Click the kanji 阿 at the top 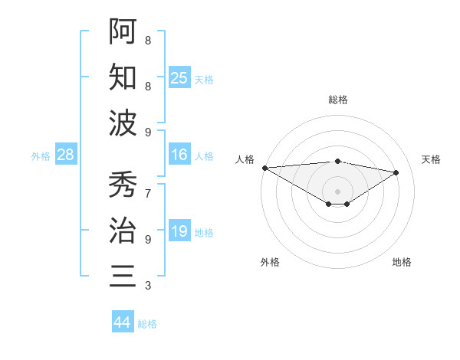tap(123, 31)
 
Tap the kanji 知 tap(123, 77)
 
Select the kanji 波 tap(123, 123)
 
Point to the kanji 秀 tap(123, 185)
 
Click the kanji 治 tap(123, 230)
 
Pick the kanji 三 tap(123, 276)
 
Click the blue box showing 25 tap(179, 77)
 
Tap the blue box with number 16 tap(179, 155)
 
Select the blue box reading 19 tap(179, 231)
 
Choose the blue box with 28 tap(66, 155)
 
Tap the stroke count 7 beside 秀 tap(148, 185)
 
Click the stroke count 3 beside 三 tap(148, 286)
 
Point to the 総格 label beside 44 tap(147, 324)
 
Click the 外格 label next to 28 tap(41, 156)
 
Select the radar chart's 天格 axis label tap(431, 159)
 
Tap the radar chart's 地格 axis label tap(402, 262)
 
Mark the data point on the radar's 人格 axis tap(264, 168)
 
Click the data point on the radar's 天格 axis tap(396, 172)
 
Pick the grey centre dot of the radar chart tap(337, 190)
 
